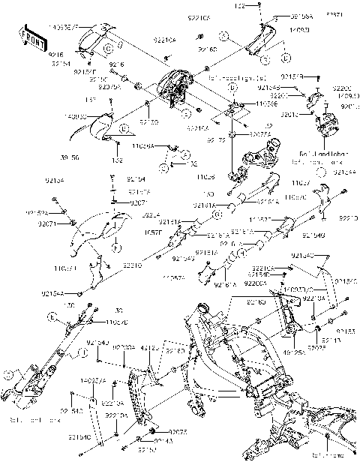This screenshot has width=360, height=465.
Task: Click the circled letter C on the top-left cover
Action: click(108, 48)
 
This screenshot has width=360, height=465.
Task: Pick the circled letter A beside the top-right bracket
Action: click(223, 35)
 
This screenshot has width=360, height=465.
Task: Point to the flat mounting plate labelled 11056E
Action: click(233, 112)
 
